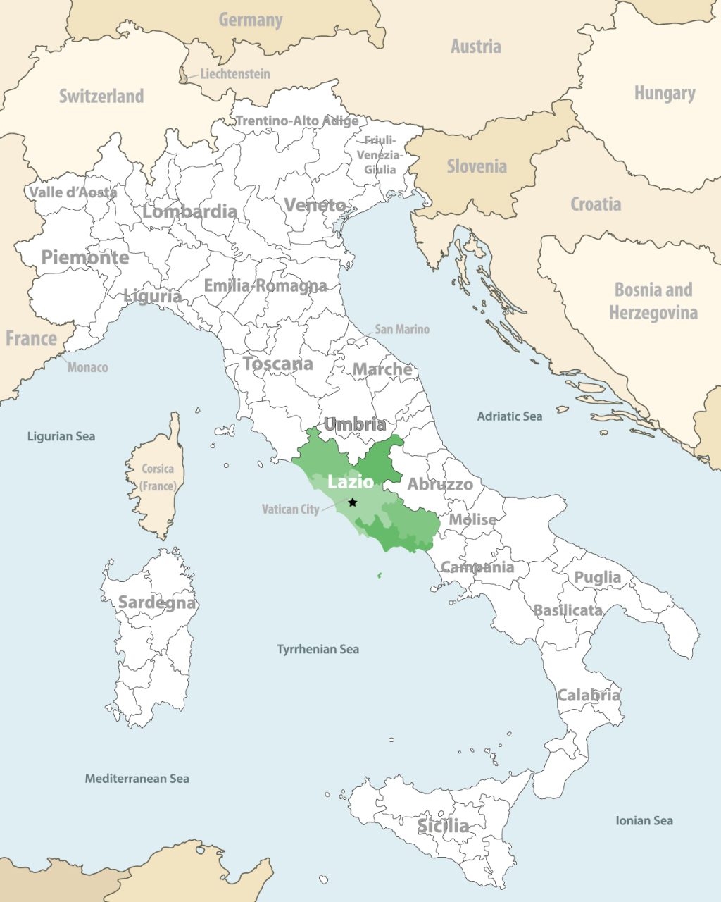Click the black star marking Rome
[x=353, y=502]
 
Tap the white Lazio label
[x=351, y=483]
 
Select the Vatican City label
[x=290, y=509]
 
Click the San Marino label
[x=401, y=329]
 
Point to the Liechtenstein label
[x=234, y=74]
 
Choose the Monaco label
[x=87, y=367]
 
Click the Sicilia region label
[x=443, y=826]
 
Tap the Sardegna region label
[x=157, y=603]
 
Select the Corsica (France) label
[x=158, y=477]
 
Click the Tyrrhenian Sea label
[x=318, y=649]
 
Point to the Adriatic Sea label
[x=510, y=416]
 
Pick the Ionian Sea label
[x=644, y=820]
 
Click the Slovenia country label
[x=477, y=167]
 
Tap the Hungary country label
[x=665, y=93]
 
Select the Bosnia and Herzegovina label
[x=653, y=301]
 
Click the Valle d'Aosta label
[x=73, y=192]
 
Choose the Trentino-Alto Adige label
[x=296, y=121]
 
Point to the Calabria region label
[x=589, y=696]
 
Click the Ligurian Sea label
[x=61, y=436]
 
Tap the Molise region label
[x=472, y=519]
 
